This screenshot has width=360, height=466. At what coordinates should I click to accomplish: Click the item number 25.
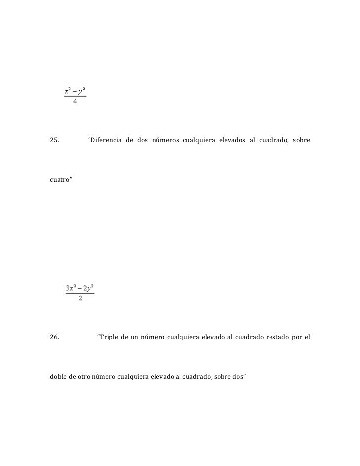pos(55,140)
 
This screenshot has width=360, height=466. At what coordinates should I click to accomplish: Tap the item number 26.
pos(55,338)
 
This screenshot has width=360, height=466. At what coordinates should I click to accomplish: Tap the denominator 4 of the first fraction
pos(75,102)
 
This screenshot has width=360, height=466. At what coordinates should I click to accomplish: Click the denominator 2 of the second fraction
pos(80,298)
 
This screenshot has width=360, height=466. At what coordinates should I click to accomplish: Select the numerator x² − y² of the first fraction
pos(75,91)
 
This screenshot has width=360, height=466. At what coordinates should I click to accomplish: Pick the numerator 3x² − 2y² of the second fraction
pos(80,287)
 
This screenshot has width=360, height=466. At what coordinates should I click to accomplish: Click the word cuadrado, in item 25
pos(272,140)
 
